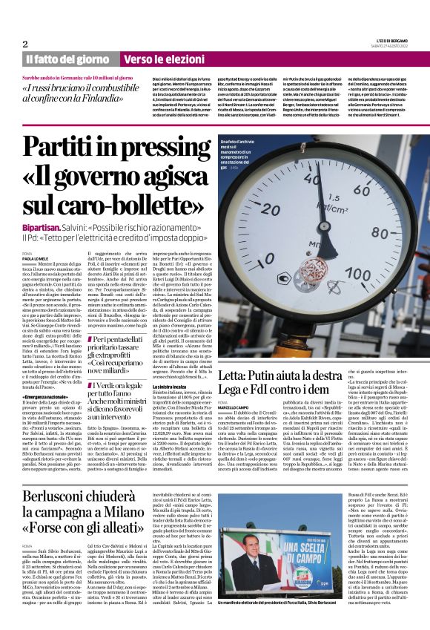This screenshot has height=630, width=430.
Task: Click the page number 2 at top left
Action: [24, 44]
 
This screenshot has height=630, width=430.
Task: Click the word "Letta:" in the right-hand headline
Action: [237, 377]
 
